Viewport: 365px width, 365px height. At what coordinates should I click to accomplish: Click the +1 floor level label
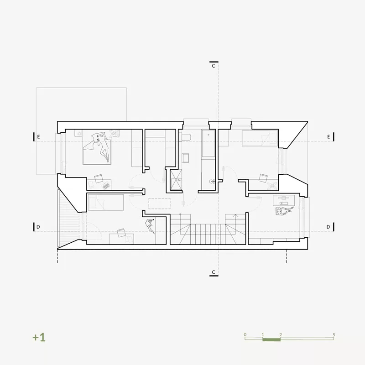point(39,337)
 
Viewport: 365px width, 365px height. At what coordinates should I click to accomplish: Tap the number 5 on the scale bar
point(334,335)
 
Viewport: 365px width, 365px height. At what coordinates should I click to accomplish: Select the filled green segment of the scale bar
point(271,339)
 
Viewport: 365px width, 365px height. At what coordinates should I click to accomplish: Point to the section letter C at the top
point(214,66)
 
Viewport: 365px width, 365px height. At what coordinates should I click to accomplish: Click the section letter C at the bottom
point(214,272)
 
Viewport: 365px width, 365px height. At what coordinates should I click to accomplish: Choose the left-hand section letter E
point(38,137)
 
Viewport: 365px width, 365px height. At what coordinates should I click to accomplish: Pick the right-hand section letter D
point(328,227)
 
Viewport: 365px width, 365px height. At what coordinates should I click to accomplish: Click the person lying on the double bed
point(102,146)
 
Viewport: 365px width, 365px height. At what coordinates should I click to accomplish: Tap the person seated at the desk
point(284,211)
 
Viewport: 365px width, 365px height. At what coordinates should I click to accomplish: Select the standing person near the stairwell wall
point(150,225)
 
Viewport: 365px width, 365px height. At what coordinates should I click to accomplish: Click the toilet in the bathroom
point(186,137)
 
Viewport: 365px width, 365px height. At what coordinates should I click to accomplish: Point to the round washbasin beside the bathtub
point(212,181)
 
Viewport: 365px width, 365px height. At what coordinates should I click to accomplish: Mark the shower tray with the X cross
point(176,180)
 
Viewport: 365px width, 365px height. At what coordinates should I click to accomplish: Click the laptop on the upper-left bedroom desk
point(106,186)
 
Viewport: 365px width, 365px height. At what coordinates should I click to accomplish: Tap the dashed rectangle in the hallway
point(159,203)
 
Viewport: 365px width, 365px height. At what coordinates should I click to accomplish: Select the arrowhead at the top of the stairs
point(235,215)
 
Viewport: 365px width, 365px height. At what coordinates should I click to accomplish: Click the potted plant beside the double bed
point(114,133)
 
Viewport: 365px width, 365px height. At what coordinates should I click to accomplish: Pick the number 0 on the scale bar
point(245,335)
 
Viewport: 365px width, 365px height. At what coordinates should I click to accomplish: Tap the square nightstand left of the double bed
point(78,133)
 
